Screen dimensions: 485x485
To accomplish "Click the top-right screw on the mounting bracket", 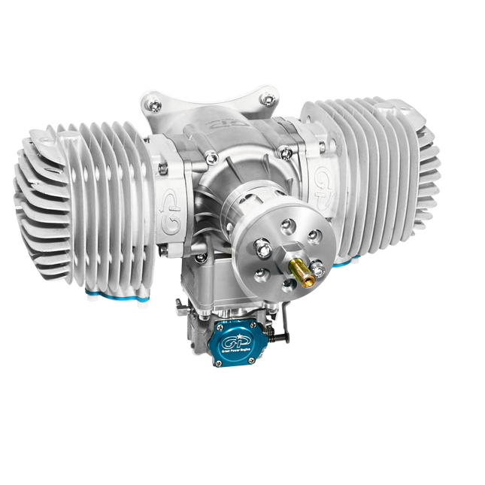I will (x=266, y=99).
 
